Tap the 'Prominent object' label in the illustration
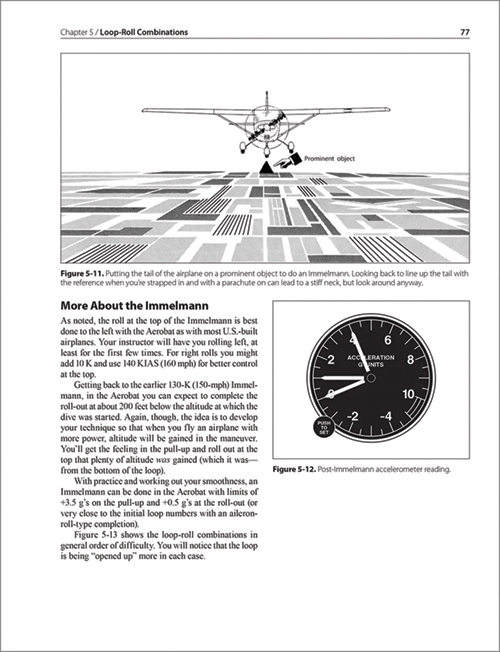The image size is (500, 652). [x=329, y=157]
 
